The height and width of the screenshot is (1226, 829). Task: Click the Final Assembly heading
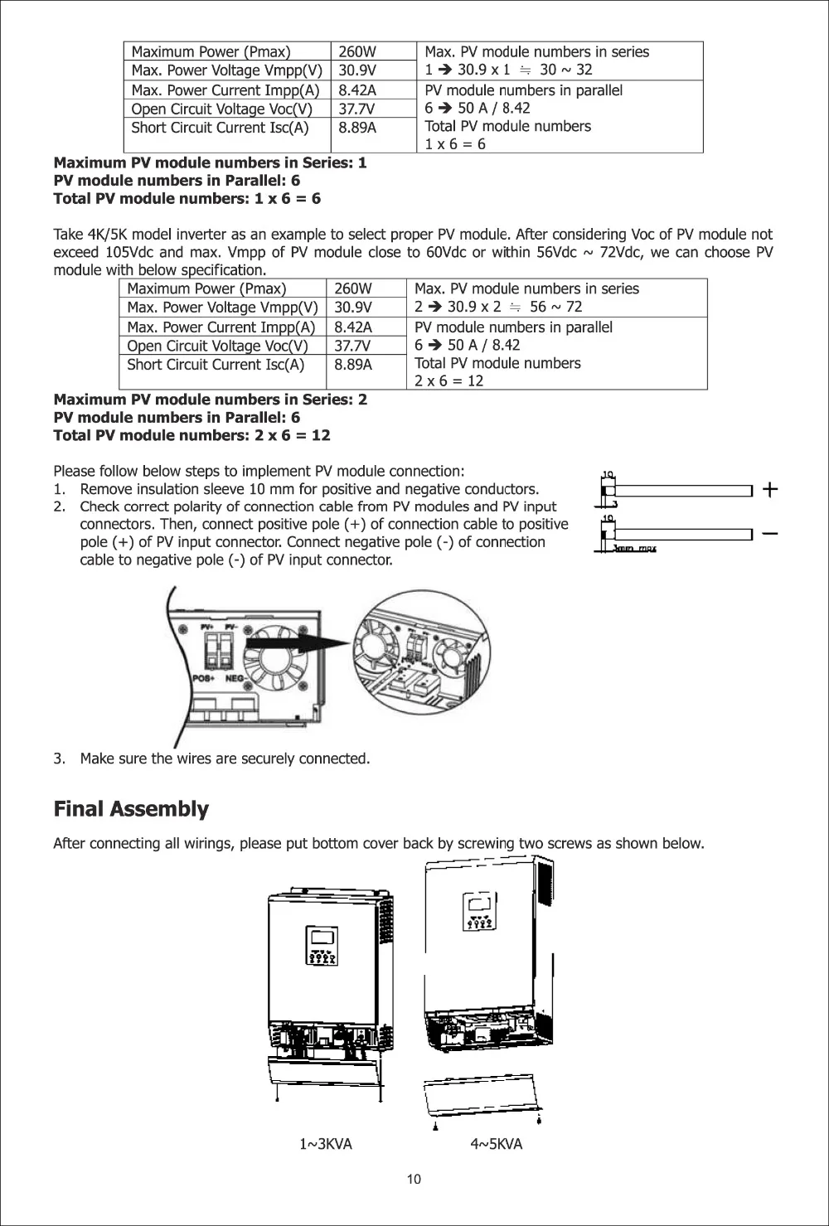(131, 809)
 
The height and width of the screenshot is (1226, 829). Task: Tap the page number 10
(414, 1180)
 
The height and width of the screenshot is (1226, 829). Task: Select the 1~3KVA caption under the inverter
(326, 1145)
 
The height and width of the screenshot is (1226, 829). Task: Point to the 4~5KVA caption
(497, 1145)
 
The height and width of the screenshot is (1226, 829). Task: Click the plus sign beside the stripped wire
(770, 490)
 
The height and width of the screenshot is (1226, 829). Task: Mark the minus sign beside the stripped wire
(770, 533)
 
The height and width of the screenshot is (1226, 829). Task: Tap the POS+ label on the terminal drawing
(205, 678)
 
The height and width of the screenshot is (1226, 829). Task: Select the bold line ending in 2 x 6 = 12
(191, 436)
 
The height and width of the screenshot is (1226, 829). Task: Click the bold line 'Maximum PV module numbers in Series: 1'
(210, 162)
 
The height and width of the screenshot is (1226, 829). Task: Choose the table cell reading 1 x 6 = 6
(455, 144)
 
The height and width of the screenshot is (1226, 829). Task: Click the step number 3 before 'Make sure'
(58, 759)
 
